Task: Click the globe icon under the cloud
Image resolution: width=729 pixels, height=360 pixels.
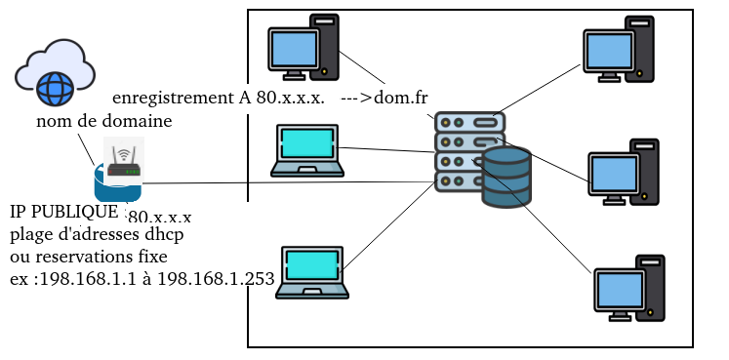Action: pyautogui.click(x=55, y=88)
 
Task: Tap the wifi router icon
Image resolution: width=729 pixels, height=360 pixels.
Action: pyautogui.click(x=124, y=161)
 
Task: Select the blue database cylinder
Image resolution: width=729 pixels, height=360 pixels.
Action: pyautogui.click(x=506, y=177)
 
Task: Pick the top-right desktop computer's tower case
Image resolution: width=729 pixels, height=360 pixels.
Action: pyautogui.click(x=640, y=49)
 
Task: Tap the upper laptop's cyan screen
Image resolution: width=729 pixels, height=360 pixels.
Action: pyautogui.click(x=307, y=142)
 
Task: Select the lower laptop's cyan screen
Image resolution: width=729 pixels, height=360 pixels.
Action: pyautogui.click(x=312, y=264)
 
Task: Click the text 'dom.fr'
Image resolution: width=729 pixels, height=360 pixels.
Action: pyautogui.click(x=400, y=98)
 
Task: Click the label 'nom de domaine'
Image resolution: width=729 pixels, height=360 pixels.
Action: pyautogui.click(x=104, y=121)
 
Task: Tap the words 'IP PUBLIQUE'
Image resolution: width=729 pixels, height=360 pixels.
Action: pyautogui.click(x=64, y=212)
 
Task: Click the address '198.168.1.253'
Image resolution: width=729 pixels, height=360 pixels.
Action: pyautogui.click(x=216, y=279)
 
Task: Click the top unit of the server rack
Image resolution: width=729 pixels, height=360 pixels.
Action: pyautogui.click(x=469, y=122)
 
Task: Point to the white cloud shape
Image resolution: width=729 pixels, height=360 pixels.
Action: pyautogui.click(x=55, y=65)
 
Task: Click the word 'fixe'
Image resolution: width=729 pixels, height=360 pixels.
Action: pyautogui.click(x=157, y=257)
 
